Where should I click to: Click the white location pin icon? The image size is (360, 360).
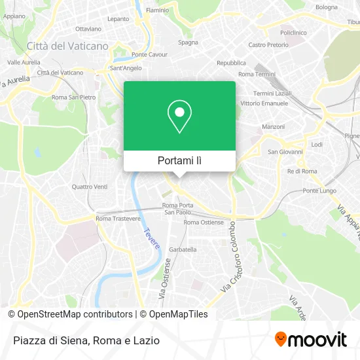(179, 116)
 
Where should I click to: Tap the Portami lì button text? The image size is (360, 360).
(179, 160)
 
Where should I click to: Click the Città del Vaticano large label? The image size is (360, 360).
(67, 46)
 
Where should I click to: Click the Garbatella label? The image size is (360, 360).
(183, 249)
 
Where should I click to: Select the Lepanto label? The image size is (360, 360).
(118, 19)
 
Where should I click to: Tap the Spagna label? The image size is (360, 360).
(188, 42)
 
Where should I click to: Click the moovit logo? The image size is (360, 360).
(310, 339)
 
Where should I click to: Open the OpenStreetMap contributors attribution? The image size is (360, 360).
(71, 314)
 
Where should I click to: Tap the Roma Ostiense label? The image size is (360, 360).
(204, 223)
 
